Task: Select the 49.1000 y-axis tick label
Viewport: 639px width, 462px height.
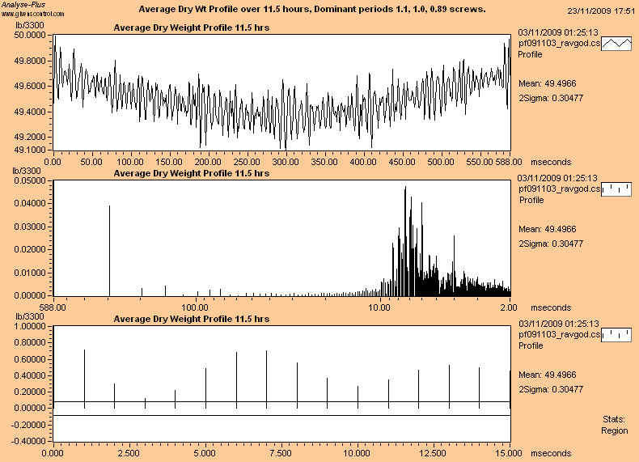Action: (x=32, y=150)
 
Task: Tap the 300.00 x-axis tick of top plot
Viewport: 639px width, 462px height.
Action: (x=285, y=162)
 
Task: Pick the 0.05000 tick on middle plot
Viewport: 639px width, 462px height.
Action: (x=32, y=181)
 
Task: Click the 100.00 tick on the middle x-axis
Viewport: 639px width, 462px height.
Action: (x=195, y=307)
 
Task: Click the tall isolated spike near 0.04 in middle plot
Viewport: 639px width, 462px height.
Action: (x=109, y=251)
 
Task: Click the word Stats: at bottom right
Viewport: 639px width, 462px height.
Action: (x=614, y=419)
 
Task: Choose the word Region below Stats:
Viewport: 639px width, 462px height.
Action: (x=614, y=430)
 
